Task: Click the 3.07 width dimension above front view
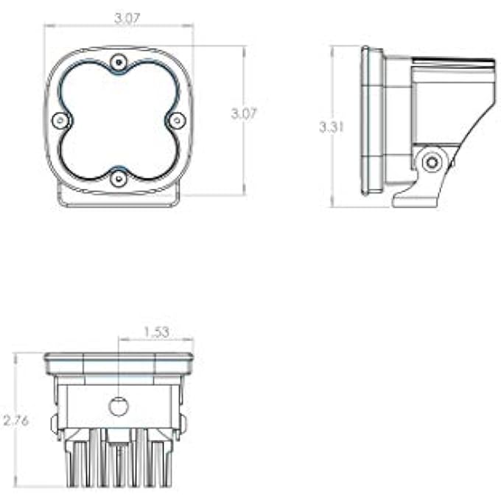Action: pyautogui.click(x=127, y=18)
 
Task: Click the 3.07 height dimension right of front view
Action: pyautogui.click(x=244, y=113)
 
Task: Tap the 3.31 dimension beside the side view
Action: pyautogui.click(x=332, y=127)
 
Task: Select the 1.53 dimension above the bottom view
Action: pyautogui.click(x=156, y=332)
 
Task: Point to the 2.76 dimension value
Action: pyautogui.click(x=16, y=421)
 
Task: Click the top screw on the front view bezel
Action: pyautogui.click(x=119, y=62)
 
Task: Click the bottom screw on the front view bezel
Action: pyautogui.click(x=119, y=178)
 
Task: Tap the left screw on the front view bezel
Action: pyautogui.click(x=60, y=120)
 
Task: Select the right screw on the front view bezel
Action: pyautogui.click(x=177, y=120)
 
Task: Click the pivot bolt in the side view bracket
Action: pyautogui.click(x=432, y=162)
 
